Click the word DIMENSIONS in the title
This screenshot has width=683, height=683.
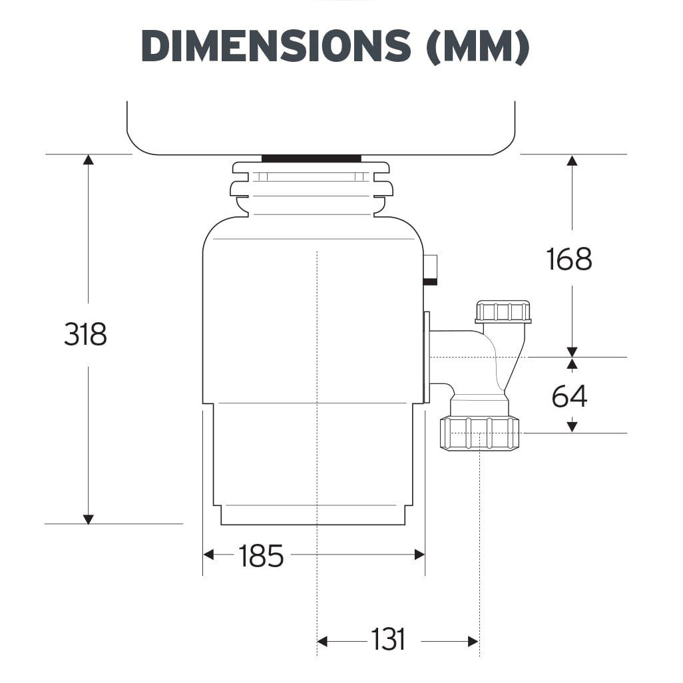coord(276,46)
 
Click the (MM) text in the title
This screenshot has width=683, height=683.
coord(477,46)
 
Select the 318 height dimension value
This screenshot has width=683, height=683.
coord(85,334)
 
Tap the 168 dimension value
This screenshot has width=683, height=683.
coord(569,259)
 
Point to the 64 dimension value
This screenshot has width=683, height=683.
coord(569,397)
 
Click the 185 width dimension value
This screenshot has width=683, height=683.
coord(261,556)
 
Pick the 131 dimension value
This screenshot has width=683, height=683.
coord(387,640)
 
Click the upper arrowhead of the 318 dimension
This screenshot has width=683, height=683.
coord(88,159)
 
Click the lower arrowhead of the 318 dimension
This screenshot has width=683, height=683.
coord(88,519)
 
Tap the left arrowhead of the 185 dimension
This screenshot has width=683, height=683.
coord(208,554)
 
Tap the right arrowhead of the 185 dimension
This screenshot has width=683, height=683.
coord(419,554)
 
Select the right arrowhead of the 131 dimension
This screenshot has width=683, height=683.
coord(473,642)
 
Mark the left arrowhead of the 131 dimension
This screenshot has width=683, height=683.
coord(323,642)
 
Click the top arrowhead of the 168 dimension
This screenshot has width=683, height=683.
coord(571,160)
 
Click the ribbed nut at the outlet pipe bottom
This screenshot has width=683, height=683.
coord(479,433)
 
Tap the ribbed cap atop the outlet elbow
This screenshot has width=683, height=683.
coord(503,312)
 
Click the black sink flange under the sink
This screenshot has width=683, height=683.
coord(311,158)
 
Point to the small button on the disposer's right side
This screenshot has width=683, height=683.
coord(431,269)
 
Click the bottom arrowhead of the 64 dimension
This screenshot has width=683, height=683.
coord(571,427)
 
